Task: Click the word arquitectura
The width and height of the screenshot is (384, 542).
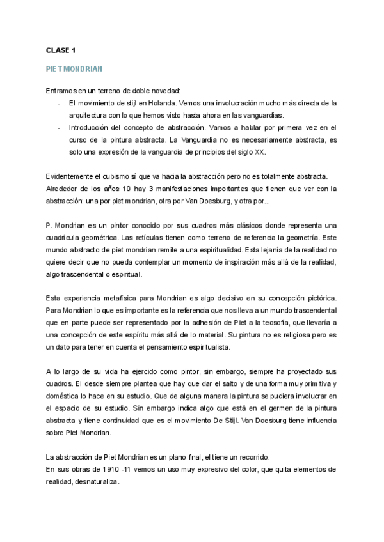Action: tap(90, 115)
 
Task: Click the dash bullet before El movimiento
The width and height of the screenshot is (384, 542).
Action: tap(60, 102)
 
